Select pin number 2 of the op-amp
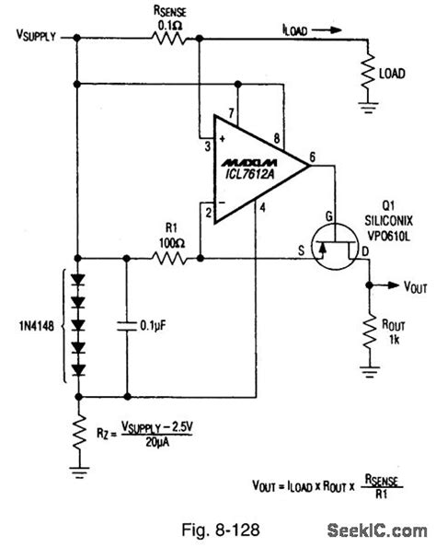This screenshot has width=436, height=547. click(209, 214)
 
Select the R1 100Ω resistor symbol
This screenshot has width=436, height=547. click(168, 260)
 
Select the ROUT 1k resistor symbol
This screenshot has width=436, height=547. click(370, 333)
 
